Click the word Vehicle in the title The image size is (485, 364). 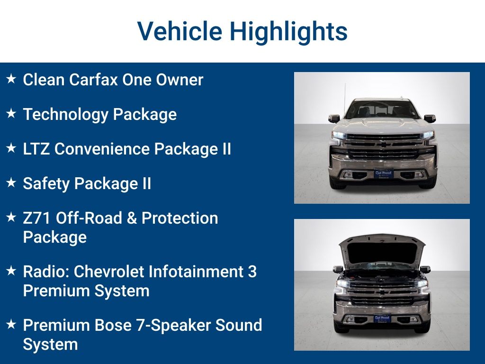180,31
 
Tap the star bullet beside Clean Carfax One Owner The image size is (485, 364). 11,79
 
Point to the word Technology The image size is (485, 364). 66,114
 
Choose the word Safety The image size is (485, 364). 46,183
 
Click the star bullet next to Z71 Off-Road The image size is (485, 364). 11,218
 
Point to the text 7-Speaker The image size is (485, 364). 177,326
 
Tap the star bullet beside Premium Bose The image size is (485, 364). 11,325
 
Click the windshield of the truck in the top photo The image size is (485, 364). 382,110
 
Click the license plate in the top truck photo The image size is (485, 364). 383,173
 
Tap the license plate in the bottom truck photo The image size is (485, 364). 382,318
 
